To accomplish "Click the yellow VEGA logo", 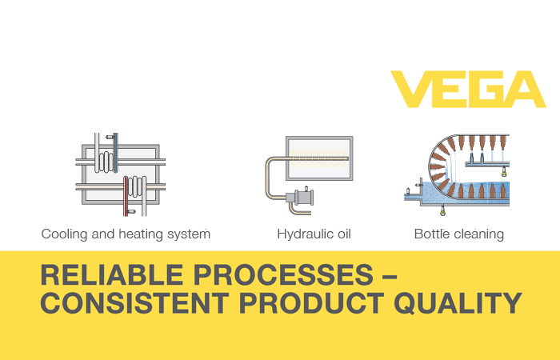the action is [x=468, y=90].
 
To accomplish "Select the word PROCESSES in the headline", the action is [x=283, y=275].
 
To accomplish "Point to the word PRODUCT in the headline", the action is [x=311, y=303].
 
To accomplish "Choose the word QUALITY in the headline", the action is [x=458, y=303].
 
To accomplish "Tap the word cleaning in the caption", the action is [x=478, y=234].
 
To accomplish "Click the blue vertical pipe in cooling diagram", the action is [x=116, y=153].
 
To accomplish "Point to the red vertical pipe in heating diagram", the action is [x=126, y=196].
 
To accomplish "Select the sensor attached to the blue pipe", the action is [x=110, y=137].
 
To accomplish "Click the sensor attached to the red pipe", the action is [x=131, y=212].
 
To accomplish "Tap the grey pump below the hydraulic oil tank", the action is [x=300, y=198].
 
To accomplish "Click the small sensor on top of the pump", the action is [x=306, y=188].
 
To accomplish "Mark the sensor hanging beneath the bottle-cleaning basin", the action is [x=443, y=210].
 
